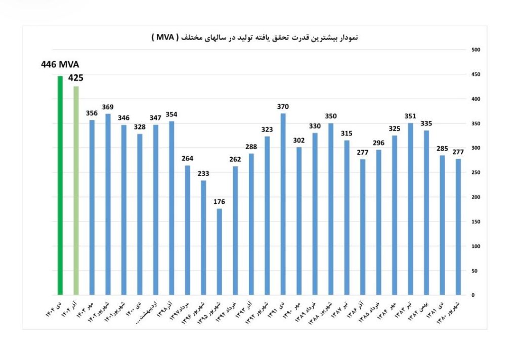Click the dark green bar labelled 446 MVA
point(60,185)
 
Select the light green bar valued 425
point(76,190)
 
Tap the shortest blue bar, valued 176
point(219,251)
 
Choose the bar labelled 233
point(203,237)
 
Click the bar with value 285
point(442,224)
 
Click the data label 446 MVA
point(60,65)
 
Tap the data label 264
point(187,158)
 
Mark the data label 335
point(426,123)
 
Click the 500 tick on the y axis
point(476,50)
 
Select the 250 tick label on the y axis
point(476,172)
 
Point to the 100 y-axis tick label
point(476,246)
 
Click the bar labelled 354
point(171,208)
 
